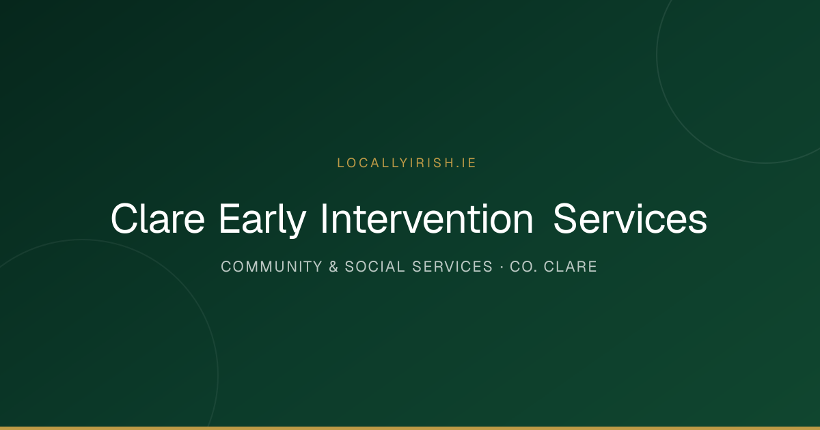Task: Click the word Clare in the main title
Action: pyautogui.click(x=158, y=218)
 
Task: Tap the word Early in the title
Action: pyautogui.click(x=262, y=220)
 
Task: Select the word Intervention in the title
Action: pyautogui.click(x=427, y=218)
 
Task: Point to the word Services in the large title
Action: pyautogui.click(x=630, y=218)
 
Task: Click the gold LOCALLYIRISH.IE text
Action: pyautogui.click(x=407, y=162)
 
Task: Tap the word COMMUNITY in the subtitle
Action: pyautogui.click(x=272, y=267)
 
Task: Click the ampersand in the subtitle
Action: pyautogui.click(x=333, y=267)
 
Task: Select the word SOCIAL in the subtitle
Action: pyautogui.click(x=375, y=267)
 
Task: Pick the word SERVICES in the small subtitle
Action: pyautogui.click(x=452, y=267)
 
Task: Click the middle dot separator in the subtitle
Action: pyautogui.click(x=502, y=267)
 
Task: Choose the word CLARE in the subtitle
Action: pyautogui.click(x=571, y=267)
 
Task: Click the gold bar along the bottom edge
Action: pyautogui.click(x=410, y=428)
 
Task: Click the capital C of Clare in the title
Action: pyautogui.click(x=124, y=218)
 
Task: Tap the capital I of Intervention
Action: pyautogui.click(x=324, y=218)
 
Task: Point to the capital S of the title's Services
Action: pyautogui.click(x=566, y=218)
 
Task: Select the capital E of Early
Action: pyautogui.click(x=230, y=218)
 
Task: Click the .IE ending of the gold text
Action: pyautogui.click(x=466, y=162)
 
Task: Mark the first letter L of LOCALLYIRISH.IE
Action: pyautogui.click(x=340, y=162)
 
